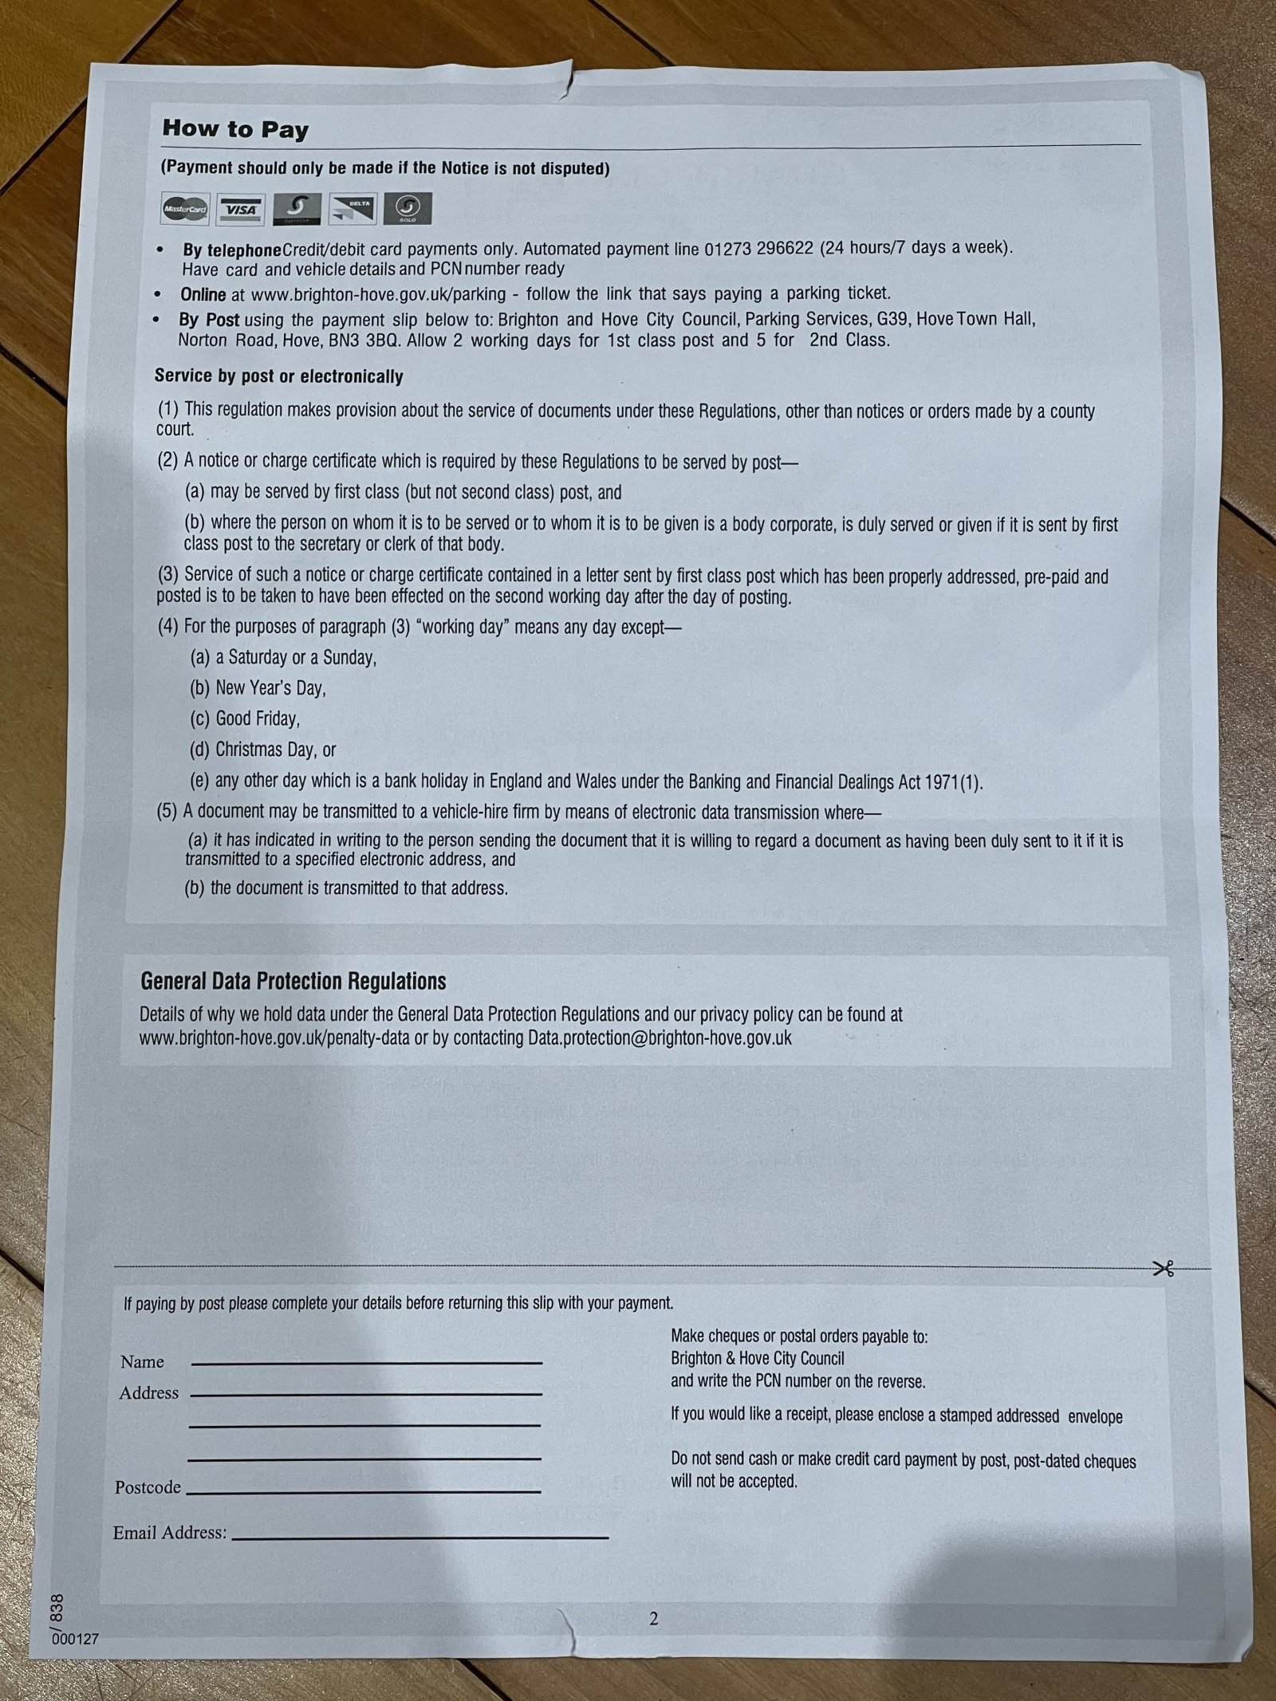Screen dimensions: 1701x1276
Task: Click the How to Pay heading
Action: (235, 129)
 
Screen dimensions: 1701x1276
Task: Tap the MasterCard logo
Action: (185, 211)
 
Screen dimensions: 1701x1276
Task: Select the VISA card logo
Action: (241, 210)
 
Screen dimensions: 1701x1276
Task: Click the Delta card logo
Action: (352, 210)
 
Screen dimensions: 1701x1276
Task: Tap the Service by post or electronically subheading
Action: (278, 376)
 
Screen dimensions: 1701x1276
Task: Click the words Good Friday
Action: (257, 719)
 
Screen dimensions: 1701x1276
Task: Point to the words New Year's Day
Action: (270, 688)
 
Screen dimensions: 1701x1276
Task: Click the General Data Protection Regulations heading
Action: (293, 981)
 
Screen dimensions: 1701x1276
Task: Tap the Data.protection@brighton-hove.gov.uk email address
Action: (660, 1038)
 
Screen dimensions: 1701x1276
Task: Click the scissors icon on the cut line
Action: (1164, 1269)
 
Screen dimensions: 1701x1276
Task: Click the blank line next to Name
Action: (366, 1362)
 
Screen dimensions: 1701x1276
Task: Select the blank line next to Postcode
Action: (363, 1490)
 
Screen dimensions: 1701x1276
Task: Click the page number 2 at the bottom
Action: (654, 1619)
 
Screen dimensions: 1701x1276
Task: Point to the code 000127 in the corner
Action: (75, 1640)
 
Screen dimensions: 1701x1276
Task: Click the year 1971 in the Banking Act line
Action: (941, 782)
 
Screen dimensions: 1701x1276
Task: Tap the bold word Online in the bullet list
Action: (203, 294)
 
